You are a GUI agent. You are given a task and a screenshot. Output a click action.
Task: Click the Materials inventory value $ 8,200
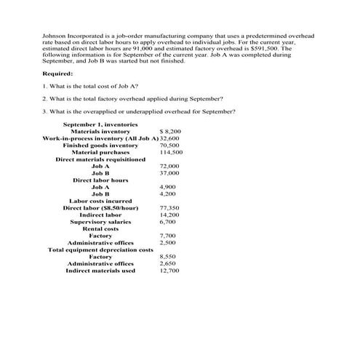coord(170,131)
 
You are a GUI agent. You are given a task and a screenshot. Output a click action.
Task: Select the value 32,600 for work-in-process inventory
coord(169,138)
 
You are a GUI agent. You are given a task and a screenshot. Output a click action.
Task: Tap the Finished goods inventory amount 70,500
coord(169,145)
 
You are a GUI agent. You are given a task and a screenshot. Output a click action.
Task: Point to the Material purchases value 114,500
coord(171,153)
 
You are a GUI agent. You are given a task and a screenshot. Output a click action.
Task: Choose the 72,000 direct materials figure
coord(169,167)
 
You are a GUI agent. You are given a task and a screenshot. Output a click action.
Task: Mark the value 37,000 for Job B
coord(169,173)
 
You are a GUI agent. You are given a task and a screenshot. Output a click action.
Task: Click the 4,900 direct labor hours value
coord(167,188)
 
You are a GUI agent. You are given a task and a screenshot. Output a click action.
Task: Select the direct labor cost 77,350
coord(169,208)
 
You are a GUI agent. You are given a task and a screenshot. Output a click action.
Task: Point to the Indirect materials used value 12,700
coord(169,271)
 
